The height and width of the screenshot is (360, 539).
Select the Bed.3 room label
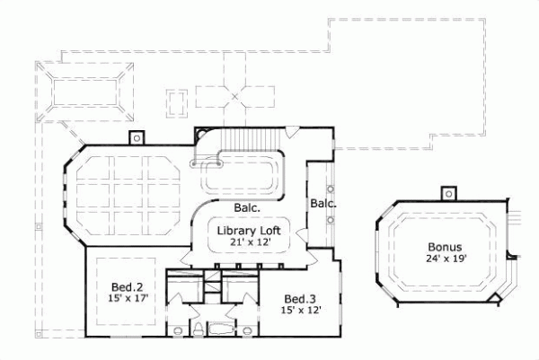pos(299,299)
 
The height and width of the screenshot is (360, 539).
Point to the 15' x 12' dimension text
pos(299,310)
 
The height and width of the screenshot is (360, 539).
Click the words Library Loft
pos(244,230)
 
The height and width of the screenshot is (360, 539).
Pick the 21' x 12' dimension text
pos(244,241)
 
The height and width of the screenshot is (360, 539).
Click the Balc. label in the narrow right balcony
pos(323,204)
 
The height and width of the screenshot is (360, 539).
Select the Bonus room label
pos(444,247)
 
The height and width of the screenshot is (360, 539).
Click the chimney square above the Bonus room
pos(446,192)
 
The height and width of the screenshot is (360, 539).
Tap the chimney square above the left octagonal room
pos(137,137)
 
